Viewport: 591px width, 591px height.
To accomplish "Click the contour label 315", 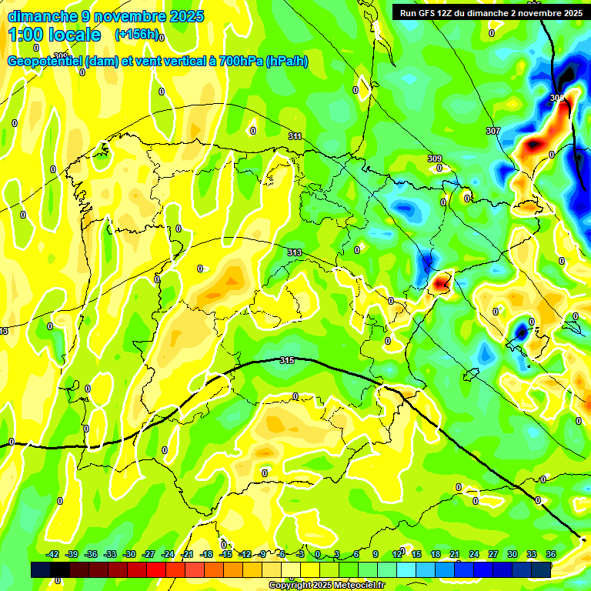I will point(287,360).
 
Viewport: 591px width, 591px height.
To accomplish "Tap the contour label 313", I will point(294,252).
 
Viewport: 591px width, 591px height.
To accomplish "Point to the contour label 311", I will point(295,136).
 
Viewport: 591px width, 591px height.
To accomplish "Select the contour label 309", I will point(435,159).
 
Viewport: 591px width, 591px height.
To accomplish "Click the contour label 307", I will point(493,131).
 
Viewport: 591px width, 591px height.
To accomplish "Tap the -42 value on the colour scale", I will point(53,554).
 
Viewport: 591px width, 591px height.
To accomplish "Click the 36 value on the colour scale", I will point(551,554).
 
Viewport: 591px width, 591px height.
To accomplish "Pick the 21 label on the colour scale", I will point(455,554).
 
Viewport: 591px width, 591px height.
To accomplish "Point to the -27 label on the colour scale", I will point(149,554).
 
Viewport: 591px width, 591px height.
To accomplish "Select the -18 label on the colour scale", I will point(206,554).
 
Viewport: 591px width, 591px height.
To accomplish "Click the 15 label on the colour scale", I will point(416,554).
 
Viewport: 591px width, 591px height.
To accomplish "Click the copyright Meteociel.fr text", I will point(326,586).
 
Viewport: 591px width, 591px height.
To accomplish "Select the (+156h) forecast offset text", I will point(137,35).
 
